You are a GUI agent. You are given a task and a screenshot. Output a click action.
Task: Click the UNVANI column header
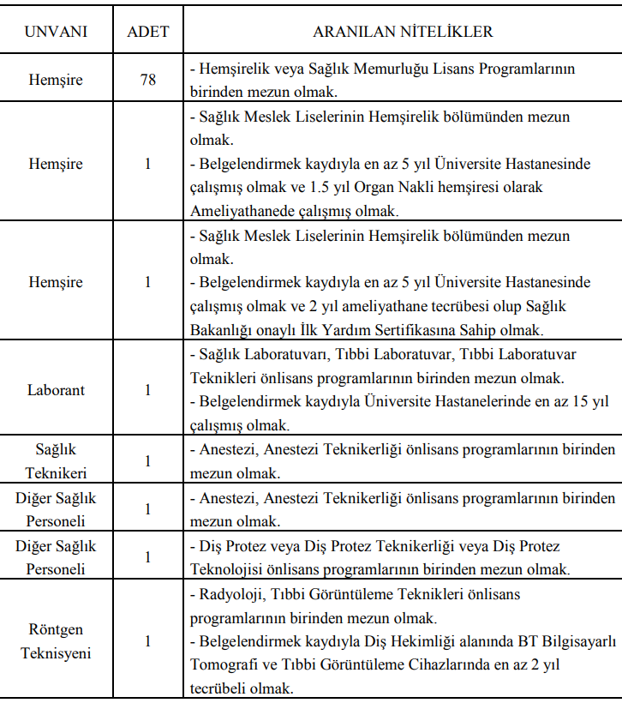click(x=56, y=33)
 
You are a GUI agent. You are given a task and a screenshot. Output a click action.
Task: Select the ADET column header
click(x=147, y=33)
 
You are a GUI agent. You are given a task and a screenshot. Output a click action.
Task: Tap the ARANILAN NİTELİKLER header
click(x=402, y=33)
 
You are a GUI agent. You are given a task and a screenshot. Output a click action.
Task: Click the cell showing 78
click(x=147, y=80)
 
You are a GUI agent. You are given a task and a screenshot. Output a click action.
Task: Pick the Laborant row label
click(x=56, y=389)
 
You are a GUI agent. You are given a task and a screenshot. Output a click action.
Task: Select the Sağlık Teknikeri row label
click(x=56, y=460)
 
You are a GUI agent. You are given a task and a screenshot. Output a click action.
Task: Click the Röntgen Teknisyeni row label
click(x=56, y=641)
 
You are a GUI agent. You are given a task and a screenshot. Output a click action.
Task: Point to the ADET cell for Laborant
click(x=147, y=389)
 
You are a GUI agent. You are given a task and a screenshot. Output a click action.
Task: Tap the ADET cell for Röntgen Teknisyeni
click(x=147, y=641)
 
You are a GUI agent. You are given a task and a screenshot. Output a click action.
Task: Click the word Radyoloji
click(x=229, y=593)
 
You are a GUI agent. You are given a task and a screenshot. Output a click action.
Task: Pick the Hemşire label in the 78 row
click(x=56, y=80)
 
